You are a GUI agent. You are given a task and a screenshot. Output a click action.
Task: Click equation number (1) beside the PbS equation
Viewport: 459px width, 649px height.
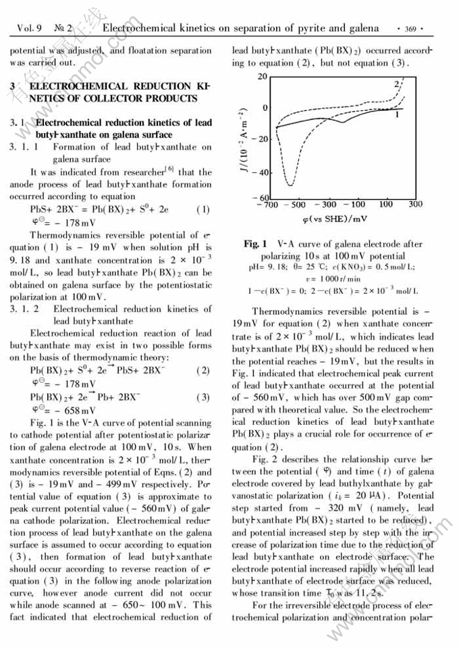coord(202,209)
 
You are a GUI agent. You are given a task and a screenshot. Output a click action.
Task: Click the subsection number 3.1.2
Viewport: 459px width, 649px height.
coord(24,309)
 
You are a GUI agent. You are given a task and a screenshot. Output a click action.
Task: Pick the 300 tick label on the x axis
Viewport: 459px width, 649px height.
coord(415,204)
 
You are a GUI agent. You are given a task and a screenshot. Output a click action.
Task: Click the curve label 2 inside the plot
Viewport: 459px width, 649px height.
coord(397,84)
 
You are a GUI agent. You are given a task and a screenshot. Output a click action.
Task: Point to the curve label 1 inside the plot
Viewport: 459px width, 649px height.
coord(397,115)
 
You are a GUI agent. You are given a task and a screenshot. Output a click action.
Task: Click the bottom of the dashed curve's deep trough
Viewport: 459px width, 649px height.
coord(290,184)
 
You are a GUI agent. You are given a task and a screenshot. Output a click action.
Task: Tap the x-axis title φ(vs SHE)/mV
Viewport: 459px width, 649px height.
coord(335,219)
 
